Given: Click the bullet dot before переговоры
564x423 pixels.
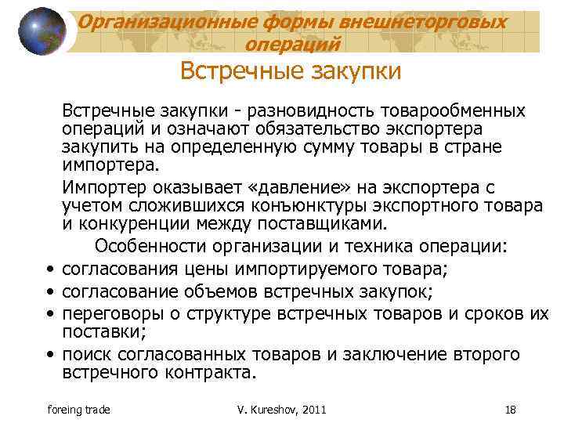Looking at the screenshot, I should (x=50, y=314).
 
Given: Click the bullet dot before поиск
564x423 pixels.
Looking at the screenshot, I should (x=50, y=354).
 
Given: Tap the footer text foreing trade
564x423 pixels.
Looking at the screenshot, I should (x=79, y=409).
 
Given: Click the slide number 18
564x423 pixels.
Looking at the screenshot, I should (x=510, y=409).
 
